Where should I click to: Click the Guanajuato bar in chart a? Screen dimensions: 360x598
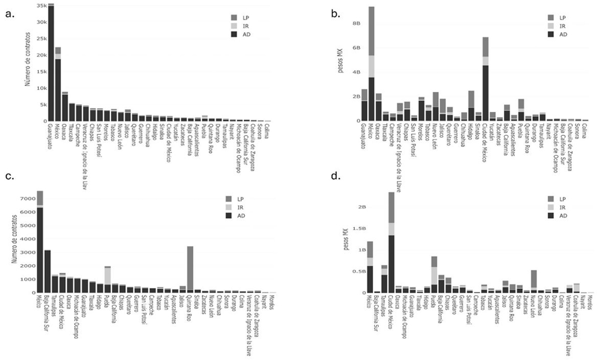pyautogui.click(x=51, y=63)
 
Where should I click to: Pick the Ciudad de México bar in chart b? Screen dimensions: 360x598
pyautogui.click(x=486, y=79)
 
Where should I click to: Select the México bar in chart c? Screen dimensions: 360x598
pyautogui.click(x=40, y=242)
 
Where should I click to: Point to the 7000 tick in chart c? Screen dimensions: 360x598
pyautogui.click(x=28, y=199)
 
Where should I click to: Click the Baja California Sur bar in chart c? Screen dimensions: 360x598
pyautogui.click(x=47, y=271)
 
